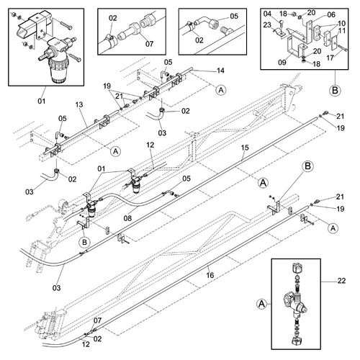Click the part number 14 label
pos(220,71)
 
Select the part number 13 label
pos(79,104)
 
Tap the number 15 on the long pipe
pos(245,148)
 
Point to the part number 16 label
pos(210,275)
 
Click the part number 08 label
pos(127,218)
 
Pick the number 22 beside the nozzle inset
pos(341,281)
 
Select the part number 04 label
pos(267,14)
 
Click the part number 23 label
pos(267,24)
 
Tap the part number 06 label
pos(331,14)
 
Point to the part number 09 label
pos(282,62)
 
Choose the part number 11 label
pos(342,31)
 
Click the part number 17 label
pos(330,58)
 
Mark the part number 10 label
pos(341,24)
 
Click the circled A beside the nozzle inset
pos(261,304)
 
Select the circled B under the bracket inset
pos(335,91)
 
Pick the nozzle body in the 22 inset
pos(295,303)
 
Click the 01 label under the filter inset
pos(42,101)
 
